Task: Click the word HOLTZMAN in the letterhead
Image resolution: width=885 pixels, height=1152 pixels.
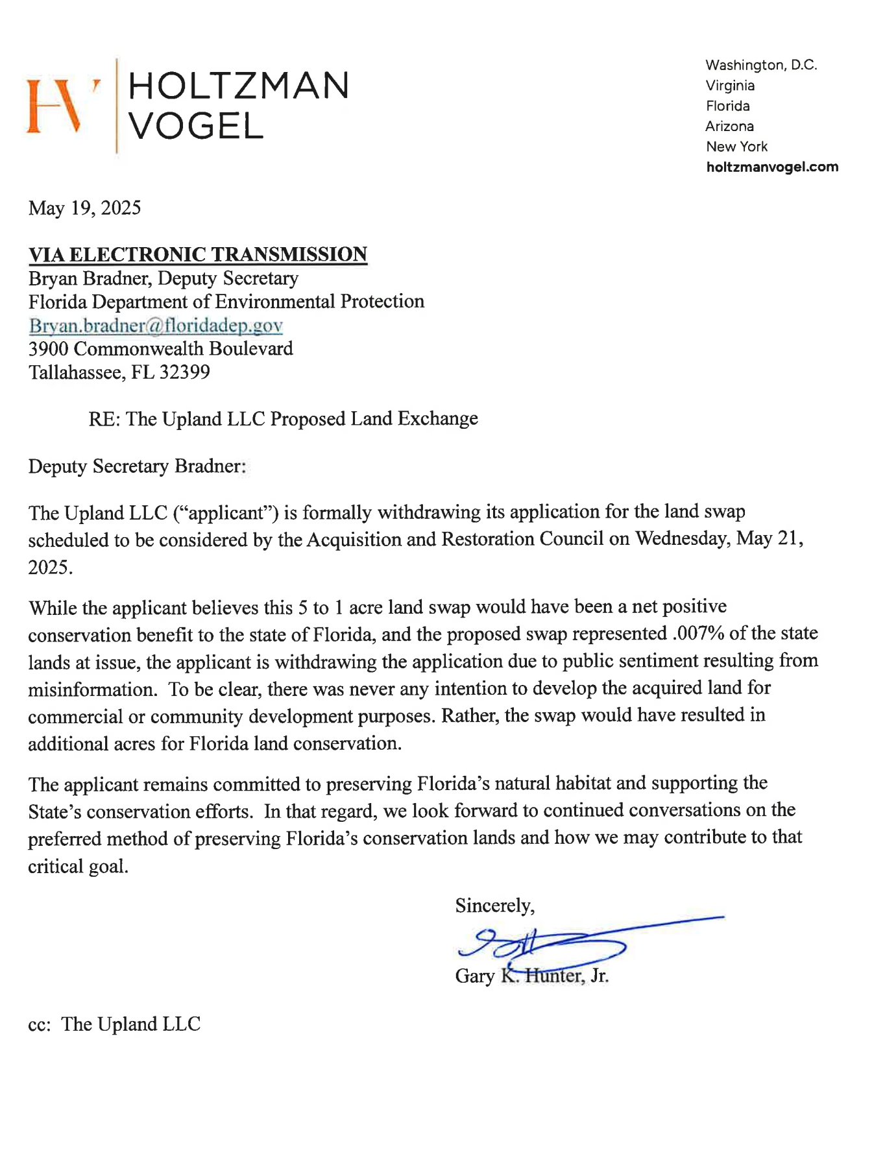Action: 239,86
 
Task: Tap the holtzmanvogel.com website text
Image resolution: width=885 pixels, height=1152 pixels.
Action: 771,167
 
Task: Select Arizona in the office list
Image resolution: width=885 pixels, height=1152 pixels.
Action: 729,126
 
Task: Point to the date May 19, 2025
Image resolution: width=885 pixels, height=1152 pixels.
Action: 84,208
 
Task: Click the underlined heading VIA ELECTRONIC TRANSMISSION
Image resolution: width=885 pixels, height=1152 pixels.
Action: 198,254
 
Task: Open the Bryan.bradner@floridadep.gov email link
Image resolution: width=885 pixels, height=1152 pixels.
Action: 156,325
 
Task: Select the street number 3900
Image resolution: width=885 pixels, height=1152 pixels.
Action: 48,349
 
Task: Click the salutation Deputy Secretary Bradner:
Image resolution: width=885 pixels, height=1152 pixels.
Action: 137,466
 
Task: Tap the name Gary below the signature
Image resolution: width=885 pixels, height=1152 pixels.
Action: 474,976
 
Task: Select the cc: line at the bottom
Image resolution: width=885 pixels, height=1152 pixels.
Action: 114,1024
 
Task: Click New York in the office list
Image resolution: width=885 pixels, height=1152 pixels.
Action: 736,147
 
